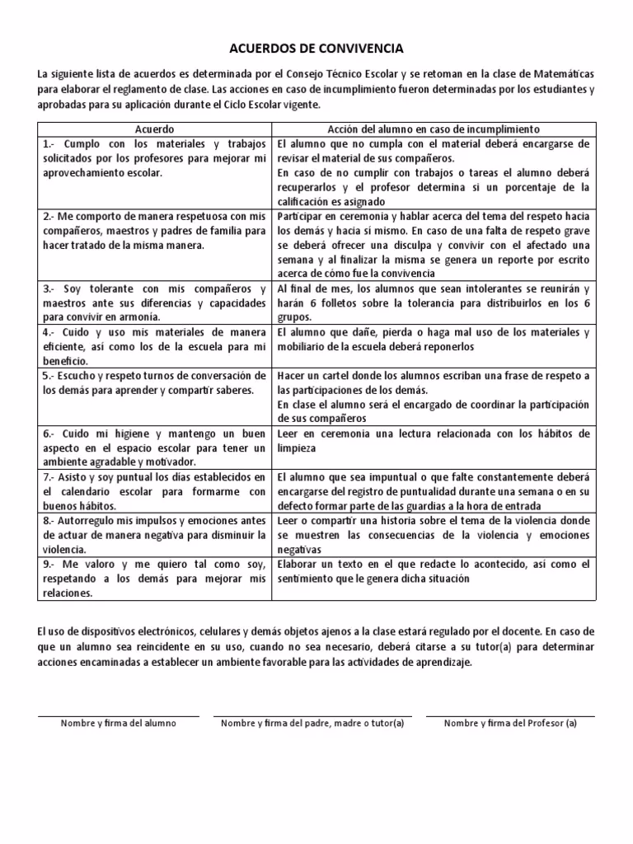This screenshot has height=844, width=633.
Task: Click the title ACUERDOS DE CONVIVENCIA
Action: tap(316, 49)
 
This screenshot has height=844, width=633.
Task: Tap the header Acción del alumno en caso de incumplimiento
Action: tap(433, 129)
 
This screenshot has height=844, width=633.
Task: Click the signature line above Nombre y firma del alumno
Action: tap(119, 715)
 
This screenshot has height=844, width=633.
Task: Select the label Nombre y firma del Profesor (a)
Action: tap(510, 724)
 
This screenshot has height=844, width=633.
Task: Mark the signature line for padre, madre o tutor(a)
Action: tap(312, 715)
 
